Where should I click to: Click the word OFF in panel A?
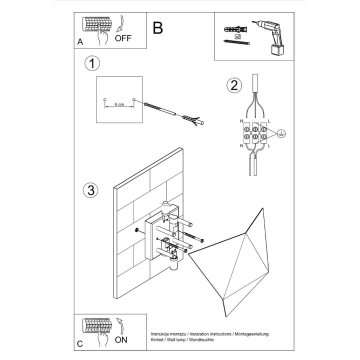click(x=123, y=37)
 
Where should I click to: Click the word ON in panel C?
click(x=121, y=340)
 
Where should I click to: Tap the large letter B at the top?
click(x=158, y=28)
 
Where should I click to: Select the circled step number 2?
click(x=232, y=85)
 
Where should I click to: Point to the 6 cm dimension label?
click(x=119, y=105)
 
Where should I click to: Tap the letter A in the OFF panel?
click(x=80, y=42)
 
